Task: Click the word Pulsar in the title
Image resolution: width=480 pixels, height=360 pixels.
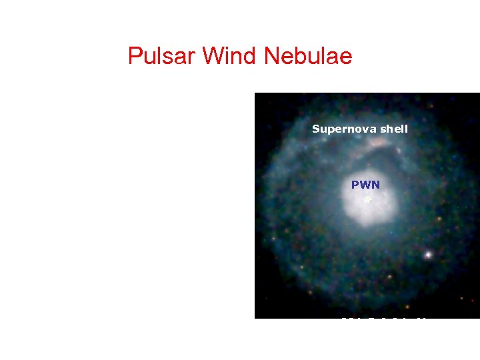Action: click(x=162, y=56)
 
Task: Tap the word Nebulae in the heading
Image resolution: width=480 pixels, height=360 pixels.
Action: click(x=308, y=56)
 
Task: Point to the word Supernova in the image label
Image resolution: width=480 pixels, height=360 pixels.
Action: click(x=342, y=129)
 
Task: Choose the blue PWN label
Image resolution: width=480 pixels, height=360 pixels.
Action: click(x=365, y=185)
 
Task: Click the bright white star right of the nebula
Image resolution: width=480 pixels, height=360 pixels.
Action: click(x=428, y=254)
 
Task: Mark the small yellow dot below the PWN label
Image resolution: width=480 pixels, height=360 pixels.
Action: click(x=367, y=199)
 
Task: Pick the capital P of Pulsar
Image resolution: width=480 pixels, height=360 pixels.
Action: click(x=134, y=56)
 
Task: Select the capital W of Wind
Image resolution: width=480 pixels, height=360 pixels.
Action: click(x=212, y=56)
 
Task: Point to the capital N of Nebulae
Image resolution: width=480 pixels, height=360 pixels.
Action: click(x=271, y=56)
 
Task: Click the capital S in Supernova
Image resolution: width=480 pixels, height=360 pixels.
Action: click(x=316, y=129)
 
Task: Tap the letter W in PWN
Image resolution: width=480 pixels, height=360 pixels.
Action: click(x=365, y=185)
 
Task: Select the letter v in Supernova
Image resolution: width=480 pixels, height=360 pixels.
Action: click(x=360, y=129)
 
